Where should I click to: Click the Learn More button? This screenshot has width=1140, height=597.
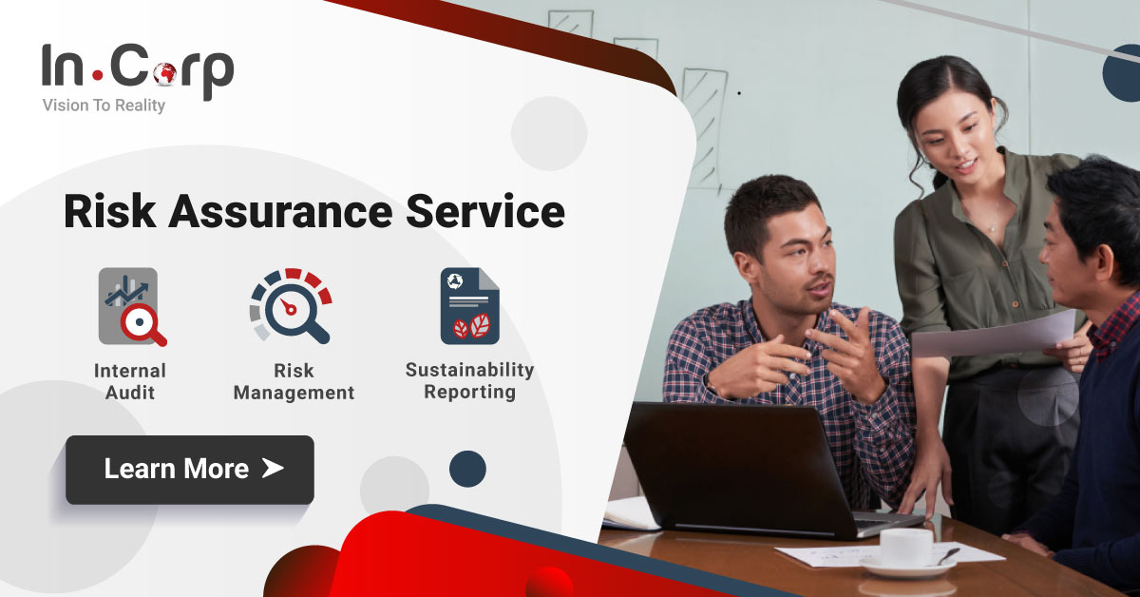pos(189,470)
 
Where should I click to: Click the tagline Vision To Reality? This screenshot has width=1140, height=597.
pos(104,106)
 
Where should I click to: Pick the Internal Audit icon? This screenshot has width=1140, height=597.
pos(133,306)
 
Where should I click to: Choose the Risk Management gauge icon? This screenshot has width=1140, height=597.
pos(291,305)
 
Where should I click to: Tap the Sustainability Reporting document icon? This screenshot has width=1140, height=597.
pos(469,305)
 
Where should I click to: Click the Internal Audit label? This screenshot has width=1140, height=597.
pos(130,380)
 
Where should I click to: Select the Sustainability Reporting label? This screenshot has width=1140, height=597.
pos(469,380)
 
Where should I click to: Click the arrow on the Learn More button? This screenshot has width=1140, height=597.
pos(273,468)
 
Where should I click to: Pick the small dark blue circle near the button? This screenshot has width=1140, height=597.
pos(467,469)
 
